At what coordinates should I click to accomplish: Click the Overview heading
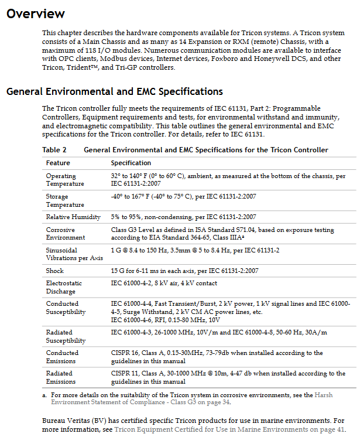36,13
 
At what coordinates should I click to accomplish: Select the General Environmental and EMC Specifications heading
115,91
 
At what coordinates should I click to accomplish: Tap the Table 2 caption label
54,150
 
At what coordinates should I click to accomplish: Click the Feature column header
58,163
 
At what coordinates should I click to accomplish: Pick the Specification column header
131,163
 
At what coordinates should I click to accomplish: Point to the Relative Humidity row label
73,217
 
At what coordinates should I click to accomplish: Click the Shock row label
55,271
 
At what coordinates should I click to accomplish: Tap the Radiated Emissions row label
60,377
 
